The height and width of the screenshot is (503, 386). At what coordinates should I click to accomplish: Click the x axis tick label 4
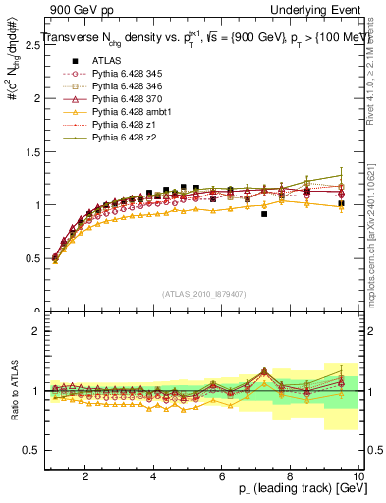[153, 475]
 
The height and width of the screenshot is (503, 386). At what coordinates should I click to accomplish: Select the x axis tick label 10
[358, 475]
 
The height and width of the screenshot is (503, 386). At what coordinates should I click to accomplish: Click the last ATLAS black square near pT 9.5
[341, 204]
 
